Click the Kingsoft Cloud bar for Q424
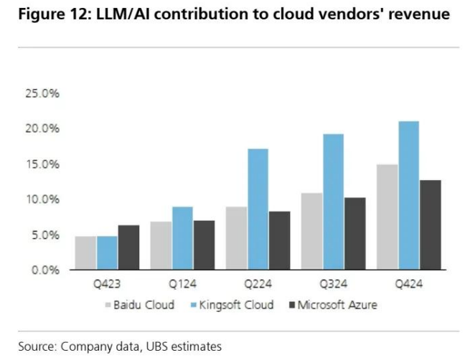pos(408,195)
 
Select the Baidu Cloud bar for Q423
pos(85,252)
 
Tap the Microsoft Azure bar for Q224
pos(279,240)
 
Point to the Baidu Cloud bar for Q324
pos(311,231)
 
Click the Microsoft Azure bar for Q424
pos(430,224)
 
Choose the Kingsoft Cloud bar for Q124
pos(182,238)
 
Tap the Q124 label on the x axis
pos(182,285)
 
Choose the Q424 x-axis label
pos(408,285)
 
